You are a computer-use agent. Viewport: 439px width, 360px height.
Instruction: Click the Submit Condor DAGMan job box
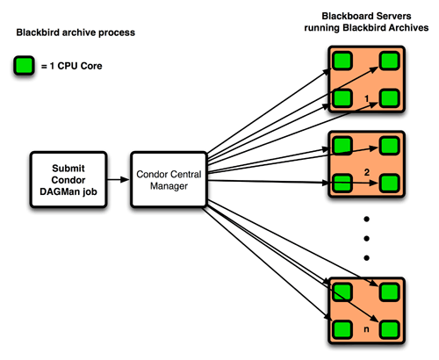click(x=68, y=180)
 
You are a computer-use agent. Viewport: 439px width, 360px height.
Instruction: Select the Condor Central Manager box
click(x=169, y=180)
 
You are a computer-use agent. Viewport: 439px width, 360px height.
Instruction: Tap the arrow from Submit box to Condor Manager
click(x=119, y=179)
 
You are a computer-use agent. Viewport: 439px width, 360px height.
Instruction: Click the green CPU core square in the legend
click(x=24, y=65)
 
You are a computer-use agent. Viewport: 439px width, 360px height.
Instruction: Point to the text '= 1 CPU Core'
click(x=72, y=66)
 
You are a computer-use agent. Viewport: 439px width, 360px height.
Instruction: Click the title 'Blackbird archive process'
click(x=76, y=32)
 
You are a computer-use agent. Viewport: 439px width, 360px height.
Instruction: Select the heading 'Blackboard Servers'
click(x=366, y=16)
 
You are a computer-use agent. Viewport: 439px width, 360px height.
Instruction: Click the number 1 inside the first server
click(x=367, y=98)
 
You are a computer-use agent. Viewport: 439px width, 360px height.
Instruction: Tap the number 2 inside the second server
click(x=367, y=172)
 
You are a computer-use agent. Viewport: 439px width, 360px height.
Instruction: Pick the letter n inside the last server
click(x=366, y=329)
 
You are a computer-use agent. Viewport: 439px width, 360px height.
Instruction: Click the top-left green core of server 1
click(x=342, y=61)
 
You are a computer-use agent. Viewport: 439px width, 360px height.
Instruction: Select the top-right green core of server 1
click(x=390, y=61)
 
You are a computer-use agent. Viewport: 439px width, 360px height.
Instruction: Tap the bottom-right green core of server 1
click(x=390, y=98)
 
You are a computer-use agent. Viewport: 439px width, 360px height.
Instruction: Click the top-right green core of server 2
click(x=390, y=146)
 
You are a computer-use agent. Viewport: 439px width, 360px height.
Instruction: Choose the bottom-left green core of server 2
click(x=342, y=184)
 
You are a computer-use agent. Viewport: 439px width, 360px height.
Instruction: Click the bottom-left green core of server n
click(x=342, y=329)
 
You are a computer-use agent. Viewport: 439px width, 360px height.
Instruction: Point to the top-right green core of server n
click(x=390, y=292)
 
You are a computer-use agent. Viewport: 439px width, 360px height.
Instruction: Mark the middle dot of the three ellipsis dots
click(x=366, y=239)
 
